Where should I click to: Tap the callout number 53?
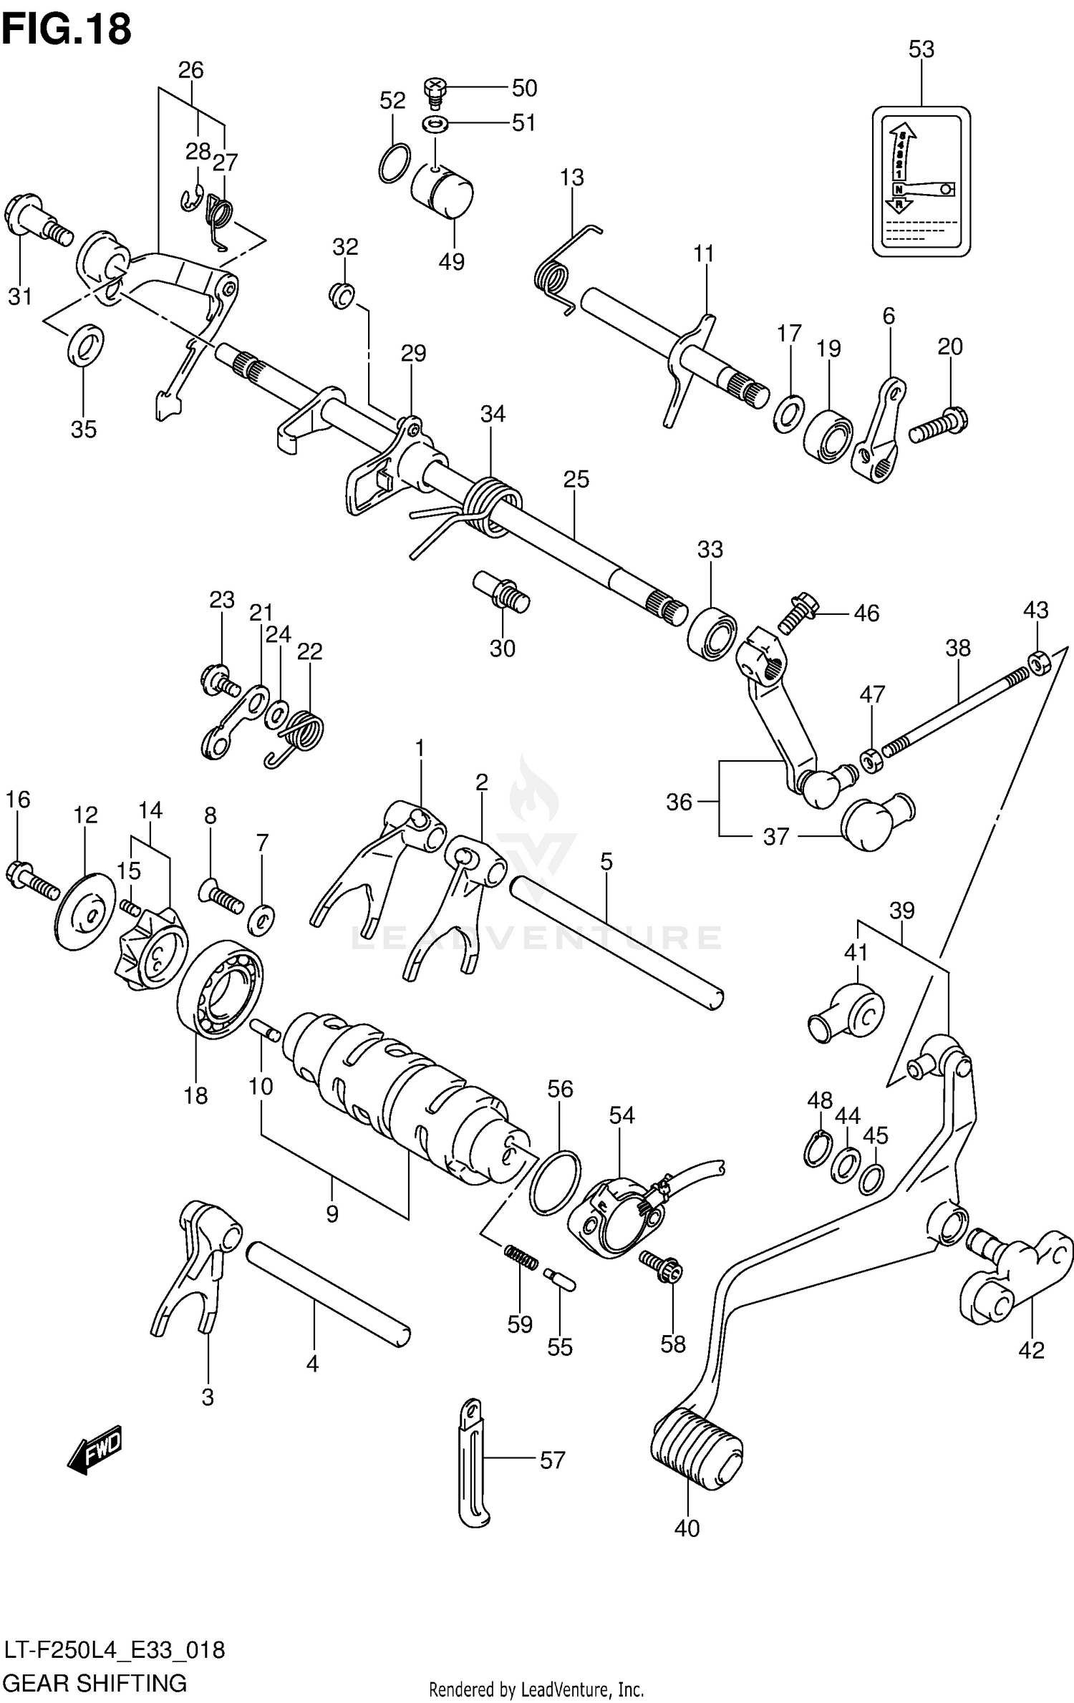[x=921, y=49]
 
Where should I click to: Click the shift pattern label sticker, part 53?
[x=921, y=181]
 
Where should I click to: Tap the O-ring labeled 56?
[x=555, y=1183]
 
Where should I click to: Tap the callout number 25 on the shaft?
[x=576, y=479]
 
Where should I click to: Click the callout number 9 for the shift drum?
[x=332, y=1214]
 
